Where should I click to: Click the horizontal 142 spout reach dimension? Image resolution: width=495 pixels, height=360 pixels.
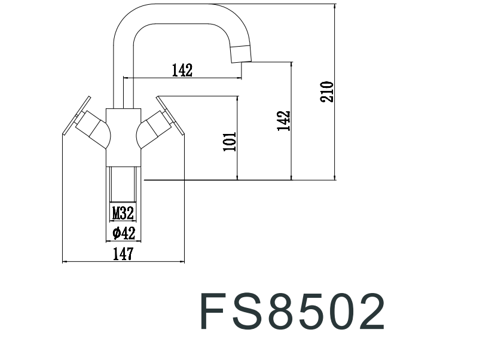coord(182,71)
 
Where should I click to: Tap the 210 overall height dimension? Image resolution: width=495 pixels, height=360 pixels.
coord(326,91)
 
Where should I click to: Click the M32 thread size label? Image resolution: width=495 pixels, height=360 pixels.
coord(123,212)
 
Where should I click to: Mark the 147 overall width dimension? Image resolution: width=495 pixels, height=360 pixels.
coord(123,255)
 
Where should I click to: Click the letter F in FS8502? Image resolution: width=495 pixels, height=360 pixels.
coord(216,311)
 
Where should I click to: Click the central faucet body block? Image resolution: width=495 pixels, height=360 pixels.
coord(124,136)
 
